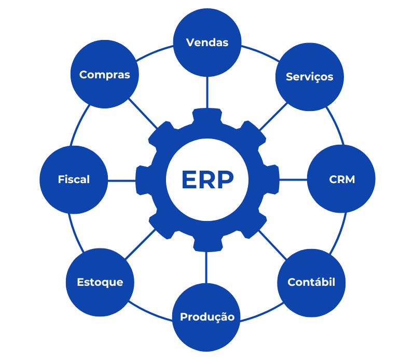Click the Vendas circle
point(207,43)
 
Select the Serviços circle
point(310,77)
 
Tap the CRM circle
point(341,179)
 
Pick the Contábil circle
point(311,283)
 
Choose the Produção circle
point(207,317)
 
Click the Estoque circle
point(100,283)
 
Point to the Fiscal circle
point(74,180)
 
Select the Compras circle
point(104,75)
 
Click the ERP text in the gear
point(207,180)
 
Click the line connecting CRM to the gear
point(293,179)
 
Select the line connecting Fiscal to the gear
point(122,180)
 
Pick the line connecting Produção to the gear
point(207,267)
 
